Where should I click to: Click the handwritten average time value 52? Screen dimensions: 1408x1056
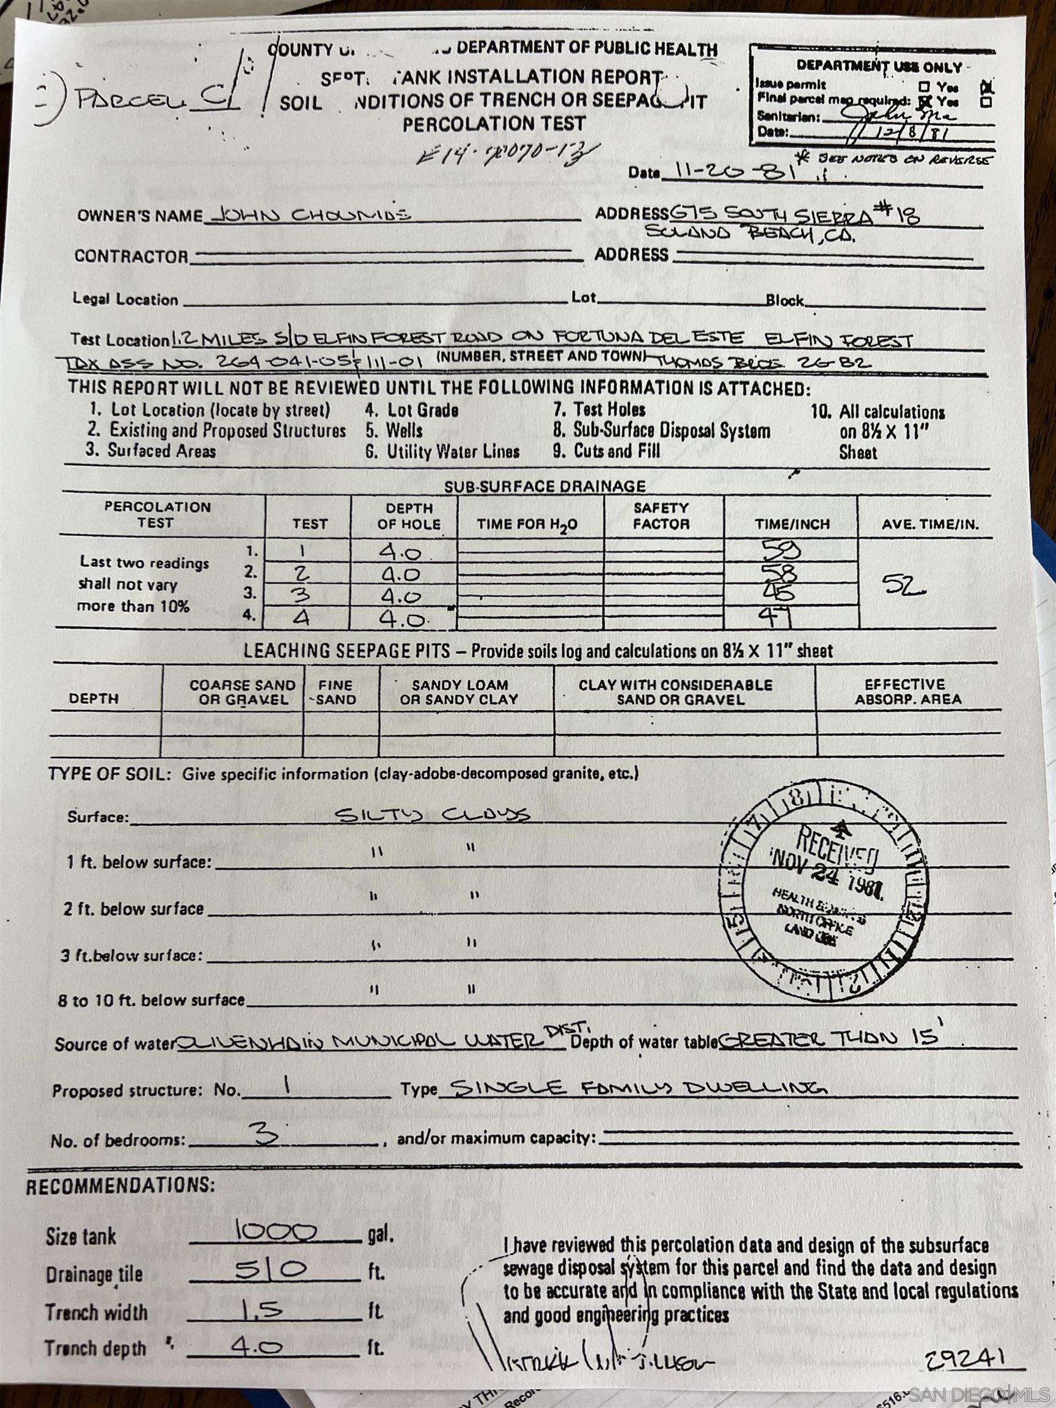(903, 585)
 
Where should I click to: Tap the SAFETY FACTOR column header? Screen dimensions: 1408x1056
(661, 516)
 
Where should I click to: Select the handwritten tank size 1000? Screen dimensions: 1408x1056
(276, 1231)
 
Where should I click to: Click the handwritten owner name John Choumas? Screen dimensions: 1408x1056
(310, 215)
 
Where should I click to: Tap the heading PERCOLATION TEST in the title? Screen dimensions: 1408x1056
(493, 123)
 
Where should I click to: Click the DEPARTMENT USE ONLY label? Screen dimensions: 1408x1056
(879, 65)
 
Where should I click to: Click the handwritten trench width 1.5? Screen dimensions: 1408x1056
(262, 1309)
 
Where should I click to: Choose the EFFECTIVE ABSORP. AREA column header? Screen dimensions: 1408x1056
(908, 692)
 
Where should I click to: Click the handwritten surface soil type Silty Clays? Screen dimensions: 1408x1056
(432, 815)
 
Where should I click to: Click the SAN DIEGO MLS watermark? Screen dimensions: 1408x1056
(980, 1392)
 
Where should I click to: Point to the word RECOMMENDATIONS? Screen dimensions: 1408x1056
(120, 1185)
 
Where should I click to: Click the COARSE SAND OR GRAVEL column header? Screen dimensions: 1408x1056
(242, 692)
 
